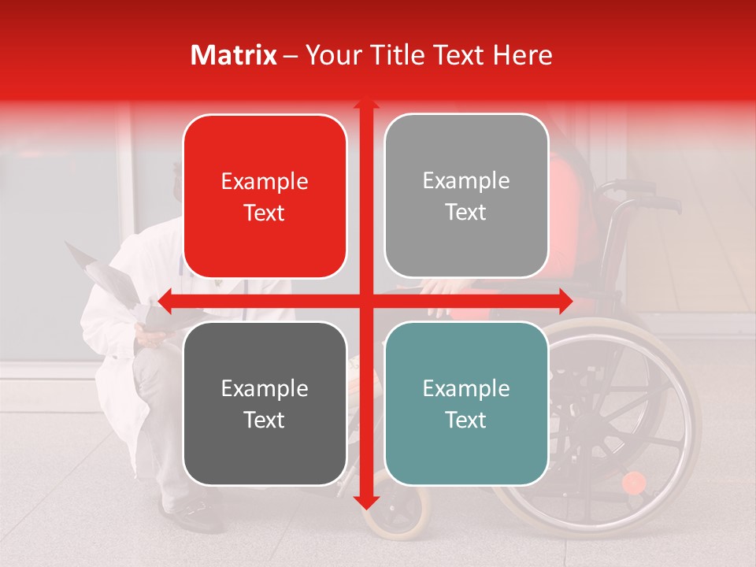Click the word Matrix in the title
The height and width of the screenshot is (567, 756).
tap(234, 55)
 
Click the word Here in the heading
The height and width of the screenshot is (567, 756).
tap(522, 55)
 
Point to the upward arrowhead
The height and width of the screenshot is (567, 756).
tap(365, 103)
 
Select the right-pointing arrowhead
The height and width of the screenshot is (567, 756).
tap(565, 301)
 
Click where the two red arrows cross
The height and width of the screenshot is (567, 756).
tap(365, 301)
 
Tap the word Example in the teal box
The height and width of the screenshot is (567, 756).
tap(466, 388)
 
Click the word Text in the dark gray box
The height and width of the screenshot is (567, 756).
tap(265, 420)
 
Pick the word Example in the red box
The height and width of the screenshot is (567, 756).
tap(265, 181)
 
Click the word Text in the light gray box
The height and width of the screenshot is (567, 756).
tap(466, 212)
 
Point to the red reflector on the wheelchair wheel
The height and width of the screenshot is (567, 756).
tap(633, 482)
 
